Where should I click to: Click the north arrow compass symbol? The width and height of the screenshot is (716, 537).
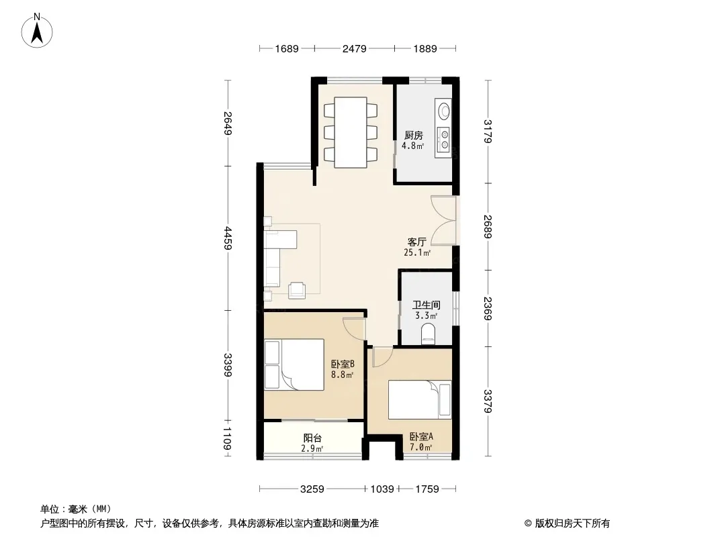pos(37,31)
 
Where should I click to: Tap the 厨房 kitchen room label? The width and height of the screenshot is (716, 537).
pos(413,135)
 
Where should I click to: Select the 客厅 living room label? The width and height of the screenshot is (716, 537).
pos(417,242)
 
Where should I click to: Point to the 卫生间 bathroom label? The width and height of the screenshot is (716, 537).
pos(426,305)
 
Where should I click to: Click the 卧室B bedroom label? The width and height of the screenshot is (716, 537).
pos(343,364)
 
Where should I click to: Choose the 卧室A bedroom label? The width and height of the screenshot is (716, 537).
pos(421,436)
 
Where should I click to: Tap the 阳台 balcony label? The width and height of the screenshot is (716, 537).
pos(312,438)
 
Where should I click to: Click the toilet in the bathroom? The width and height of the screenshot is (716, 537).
pos(428,333)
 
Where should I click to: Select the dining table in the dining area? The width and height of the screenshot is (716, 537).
pos(351,132)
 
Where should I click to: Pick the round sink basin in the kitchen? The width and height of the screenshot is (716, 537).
pos(443,111)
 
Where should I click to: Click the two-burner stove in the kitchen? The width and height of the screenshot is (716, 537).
pos(443,140)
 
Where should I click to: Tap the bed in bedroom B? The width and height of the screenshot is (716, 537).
pos(294,364)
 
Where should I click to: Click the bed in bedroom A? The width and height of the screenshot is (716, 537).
pos(420,399)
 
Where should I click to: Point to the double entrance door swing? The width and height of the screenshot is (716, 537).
pos(443,221)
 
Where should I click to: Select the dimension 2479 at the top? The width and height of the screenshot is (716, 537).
pos(355,48)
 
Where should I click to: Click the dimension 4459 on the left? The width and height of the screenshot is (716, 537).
pos(228,238)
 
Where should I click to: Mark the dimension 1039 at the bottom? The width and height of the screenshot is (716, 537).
pos(382,489)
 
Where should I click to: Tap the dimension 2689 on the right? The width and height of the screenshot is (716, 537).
pos(488,227)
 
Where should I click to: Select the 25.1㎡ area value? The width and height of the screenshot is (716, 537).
pos(417,252)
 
